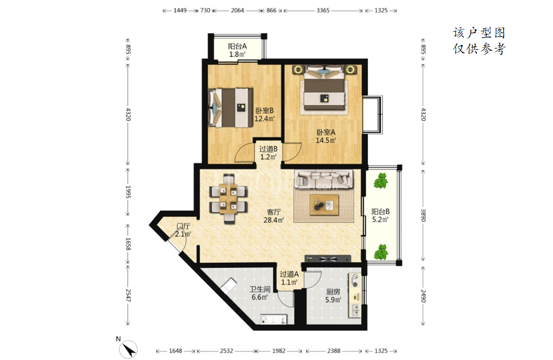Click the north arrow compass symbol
click(x=128, y=350)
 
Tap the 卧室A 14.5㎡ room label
click(x=326, y=136)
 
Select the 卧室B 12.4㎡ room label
click(x=264, y=115)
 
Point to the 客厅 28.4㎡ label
click(x=273, y=216)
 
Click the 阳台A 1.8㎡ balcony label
click(x=237, y=50)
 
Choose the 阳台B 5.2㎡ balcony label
click(x=380, y=216)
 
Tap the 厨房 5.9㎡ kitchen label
click(x=333, y=296)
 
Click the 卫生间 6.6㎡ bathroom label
click(x=260, y=294)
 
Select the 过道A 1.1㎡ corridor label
click(x=289, y=278)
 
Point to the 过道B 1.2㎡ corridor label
click(x=269, y=153)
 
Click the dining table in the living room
click(x=228, y=199)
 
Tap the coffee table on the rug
click(x=324, y=205)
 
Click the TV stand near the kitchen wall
click(x=328, y=259)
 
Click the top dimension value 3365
click(x=323, y=10)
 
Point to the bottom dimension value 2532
click(x=226, y=351)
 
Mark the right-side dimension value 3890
click(x=423, y=215)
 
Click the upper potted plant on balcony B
click(x=381, y=181)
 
